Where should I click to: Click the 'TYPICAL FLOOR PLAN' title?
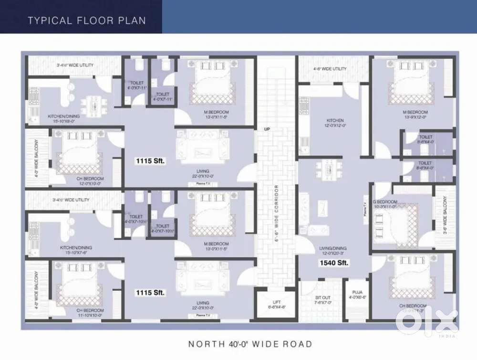click(x=87, y=21)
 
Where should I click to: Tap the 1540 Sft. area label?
click(x=334, y=263)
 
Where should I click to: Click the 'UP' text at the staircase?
click(x=267, y=129)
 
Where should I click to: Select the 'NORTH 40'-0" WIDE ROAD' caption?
click(x=250, y=344)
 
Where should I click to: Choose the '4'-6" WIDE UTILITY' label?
click(x=330, y=69)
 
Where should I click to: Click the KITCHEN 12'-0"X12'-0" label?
click(x=335, y=123)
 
